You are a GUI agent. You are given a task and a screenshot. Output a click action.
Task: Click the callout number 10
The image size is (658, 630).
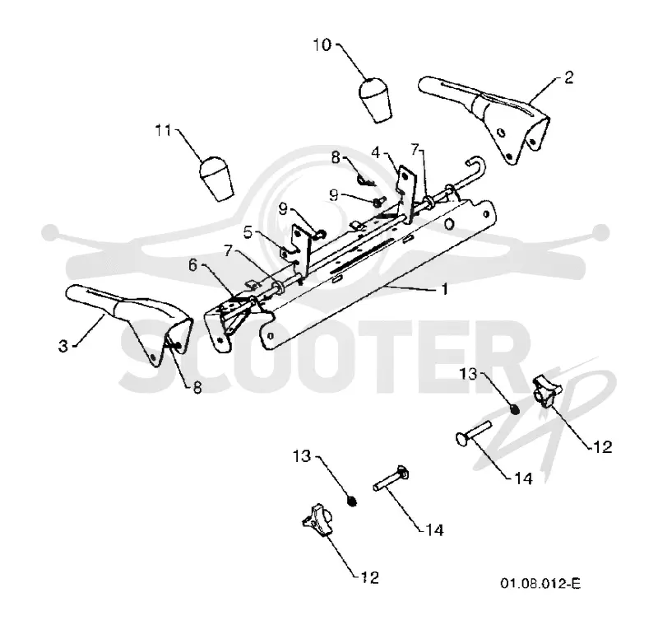(x=322, y=45)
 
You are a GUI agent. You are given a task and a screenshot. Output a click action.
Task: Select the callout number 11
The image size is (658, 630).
(x=164, y=131)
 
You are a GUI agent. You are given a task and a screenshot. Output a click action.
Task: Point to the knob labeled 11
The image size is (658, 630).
(x=215, y=179)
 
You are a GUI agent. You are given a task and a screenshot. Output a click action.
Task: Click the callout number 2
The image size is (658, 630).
(x=568, y=77)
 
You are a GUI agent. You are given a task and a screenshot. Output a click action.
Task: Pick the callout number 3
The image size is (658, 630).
(x=63, y=347)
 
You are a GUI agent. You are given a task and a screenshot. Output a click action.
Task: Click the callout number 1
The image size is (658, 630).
(x=445, y=289)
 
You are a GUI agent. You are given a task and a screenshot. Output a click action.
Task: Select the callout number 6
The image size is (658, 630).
(x=192, y=265)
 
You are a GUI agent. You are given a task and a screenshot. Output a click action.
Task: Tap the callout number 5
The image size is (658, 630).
(x=248, y=232)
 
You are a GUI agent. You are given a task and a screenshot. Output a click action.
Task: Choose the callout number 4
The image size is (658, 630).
(x=376, y=152)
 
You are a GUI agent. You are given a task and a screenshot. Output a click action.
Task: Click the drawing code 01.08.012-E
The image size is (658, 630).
(x=540, y=583)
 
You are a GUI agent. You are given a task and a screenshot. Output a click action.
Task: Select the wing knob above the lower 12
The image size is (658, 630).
(x=317, y=521)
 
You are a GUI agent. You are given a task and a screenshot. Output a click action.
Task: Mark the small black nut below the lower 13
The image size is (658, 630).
(x=353, y=501)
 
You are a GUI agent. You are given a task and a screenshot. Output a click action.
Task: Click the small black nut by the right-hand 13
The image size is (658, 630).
(x=515, y=409)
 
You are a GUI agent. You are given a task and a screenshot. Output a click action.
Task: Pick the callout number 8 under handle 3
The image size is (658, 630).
(x=197, y=387)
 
